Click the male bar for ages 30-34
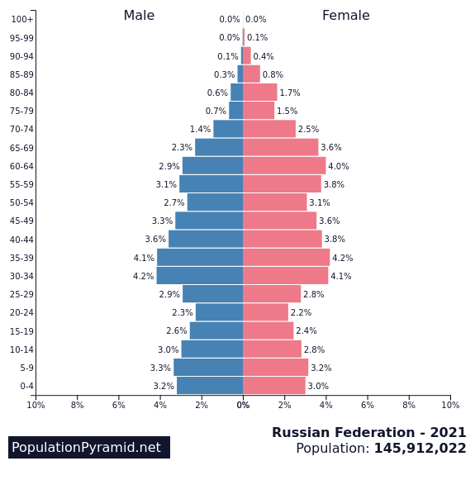pos(199,276)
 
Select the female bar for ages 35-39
pos(286,258)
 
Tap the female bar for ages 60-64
pos(284,166)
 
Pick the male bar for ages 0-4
pos(210,386)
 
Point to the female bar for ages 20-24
pos(265,312)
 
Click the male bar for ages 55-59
pos(211,184)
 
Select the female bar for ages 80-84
pos(260,93)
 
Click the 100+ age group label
pos(22,20)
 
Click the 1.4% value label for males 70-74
pos(200,130)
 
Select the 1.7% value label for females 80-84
pos(290,93)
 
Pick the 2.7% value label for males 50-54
pos(173,203)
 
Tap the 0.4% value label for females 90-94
pos(264,56)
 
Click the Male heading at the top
pos(139,16)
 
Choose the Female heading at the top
pos(345,16)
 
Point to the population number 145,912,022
pos(420,449)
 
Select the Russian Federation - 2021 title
pos(368,433)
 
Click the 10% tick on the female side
pos(450,405)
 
